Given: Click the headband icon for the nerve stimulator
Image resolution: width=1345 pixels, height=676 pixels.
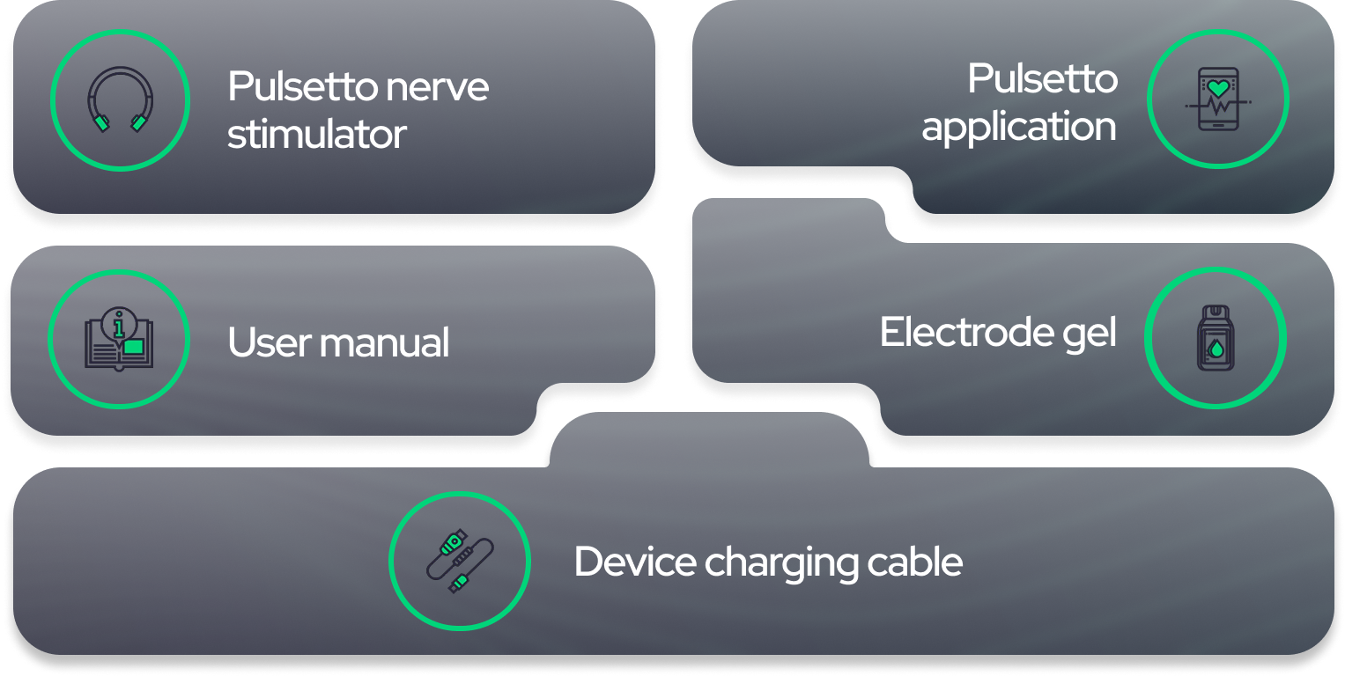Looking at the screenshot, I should tap(120, 100).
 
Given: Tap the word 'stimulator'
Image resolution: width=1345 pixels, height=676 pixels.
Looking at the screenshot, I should tap(316, 135).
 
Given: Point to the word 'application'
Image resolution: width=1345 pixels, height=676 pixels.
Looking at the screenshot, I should tap(1019, 127).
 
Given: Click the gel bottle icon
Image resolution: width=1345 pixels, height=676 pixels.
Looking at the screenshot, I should tap(1215, 339).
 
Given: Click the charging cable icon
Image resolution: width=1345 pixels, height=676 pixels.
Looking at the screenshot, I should tap(459, 561).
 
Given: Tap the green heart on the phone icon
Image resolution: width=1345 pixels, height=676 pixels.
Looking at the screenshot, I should tap(1218, 88).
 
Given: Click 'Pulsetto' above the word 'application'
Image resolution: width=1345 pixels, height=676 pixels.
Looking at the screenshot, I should tap(1043, 79).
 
